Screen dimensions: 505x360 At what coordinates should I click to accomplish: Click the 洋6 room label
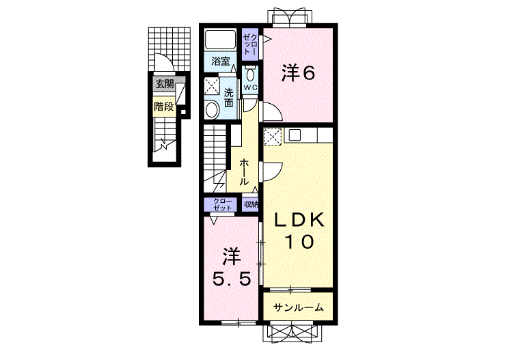point(298,73)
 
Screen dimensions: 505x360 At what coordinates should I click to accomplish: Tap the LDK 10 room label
point(299,231)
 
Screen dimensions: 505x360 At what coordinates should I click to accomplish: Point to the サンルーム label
point(298,308)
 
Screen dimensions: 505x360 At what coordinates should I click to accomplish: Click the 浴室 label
point(221,61)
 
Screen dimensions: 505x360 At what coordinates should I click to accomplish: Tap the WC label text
point(250,87)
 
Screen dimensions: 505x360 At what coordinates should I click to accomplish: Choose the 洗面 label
point(229,98)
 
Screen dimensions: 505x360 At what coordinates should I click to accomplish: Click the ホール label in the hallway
point(244,172)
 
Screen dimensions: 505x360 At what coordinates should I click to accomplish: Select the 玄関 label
point(165,85)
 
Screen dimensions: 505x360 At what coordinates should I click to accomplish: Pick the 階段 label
point(164,107)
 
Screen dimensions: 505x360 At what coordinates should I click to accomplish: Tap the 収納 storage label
point(251,204)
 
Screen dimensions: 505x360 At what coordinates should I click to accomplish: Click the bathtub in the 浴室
point(221,40)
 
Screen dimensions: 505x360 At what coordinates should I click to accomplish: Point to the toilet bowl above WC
point(250,74)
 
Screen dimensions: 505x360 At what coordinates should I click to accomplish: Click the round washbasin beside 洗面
point(211,109)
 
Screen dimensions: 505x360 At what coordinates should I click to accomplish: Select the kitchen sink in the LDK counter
point(295,135)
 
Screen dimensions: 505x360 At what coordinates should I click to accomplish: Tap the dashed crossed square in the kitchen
point(273,136)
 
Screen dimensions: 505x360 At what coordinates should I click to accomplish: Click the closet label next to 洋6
point(250,44)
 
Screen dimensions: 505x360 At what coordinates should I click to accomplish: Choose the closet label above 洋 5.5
point(223,204)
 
